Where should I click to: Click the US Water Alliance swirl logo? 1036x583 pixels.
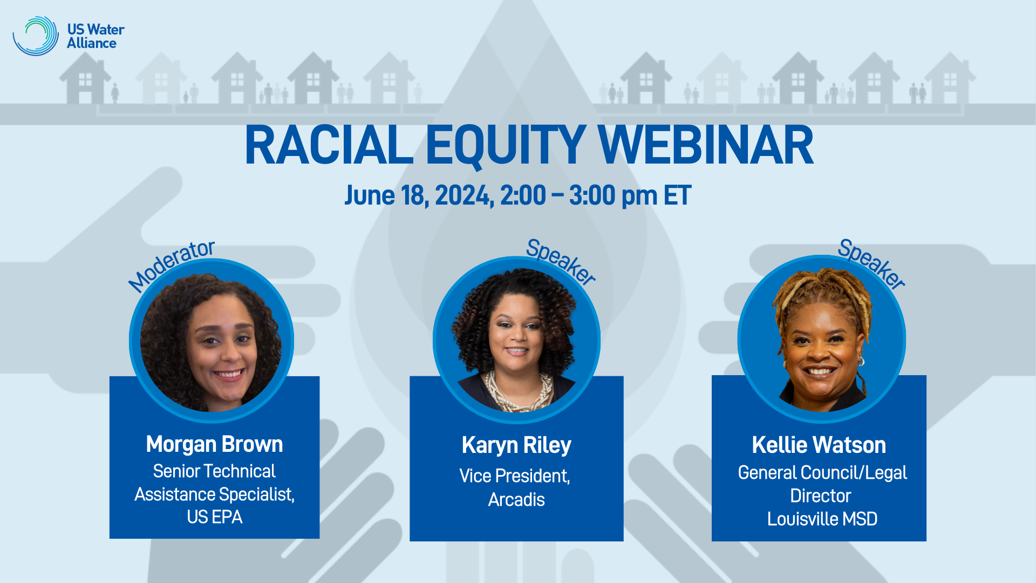coord(36,36)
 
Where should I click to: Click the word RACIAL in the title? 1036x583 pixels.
coord(329,146)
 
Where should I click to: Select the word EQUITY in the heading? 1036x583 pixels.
coord(506,146)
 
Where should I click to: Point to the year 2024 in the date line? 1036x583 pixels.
coord(464,195)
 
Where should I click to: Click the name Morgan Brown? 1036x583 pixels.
coord(214,444)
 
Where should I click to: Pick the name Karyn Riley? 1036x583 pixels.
coord(516,445)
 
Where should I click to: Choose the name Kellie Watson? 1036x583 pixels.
coord(819,445)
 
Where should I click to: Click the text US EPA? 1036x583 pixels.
coord(214,517)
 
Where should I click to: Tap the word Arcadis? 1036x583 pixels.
coord(516,500)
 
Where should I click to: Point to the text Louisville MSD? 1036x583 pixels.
coord(822,519)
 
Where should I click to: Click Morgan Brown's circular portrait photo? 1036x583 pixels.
coord(212,341)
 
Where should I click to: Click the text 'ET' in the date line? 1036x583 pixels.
coord(677,195)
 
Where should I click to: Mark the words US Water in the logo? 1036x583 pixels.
coord(96,29)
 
